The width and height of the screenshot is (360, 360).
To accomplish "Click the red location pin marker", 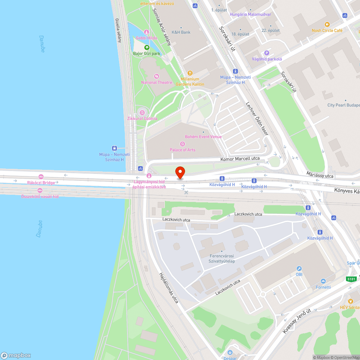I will pos(180,172).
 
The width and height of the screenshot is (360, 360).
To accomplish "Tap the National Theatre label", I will pos(157,82).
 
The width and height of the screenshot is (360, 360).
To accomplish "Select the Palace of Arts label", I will pos(183,150).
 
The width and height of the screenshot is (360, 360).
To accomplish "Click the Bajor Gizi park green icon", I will pos(147,48).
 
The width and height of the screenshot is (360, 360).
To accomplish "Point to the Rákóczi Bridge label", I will pos(41,183).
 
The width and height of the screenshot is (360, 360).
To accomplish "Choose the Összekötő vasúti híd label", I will pos(40,196).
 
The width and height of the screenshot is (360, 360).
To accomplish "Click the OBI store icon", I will pos(299,269).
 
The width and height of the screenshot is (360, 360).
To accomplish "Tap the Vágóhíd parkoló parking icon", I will pos(267,53).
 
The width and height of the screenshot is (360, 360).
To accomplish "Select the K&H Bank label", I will pos(181,32).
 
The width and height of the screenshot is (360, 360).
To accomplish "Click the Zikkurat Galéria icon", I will pos(142,112).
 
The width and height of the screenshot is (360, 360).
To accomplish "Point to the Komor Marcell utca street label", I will pos(240,159).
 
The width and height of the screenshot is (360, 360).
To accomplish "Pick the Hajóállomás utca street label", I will pos(169,287).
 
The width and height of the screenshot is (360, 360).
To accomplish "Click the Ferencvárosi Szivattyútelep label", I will pos(222,258).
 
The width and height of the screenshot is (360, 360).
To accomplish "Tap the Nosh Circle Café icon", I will pos(327,24).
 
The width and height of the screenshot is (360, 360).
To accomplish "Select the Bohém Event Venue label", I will pos(203,137).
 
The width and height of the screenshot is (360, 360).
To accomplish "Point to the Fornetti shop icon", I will pos(323,281).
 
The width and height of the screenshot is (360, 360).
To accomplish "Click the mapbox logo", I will pos(16,355).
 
